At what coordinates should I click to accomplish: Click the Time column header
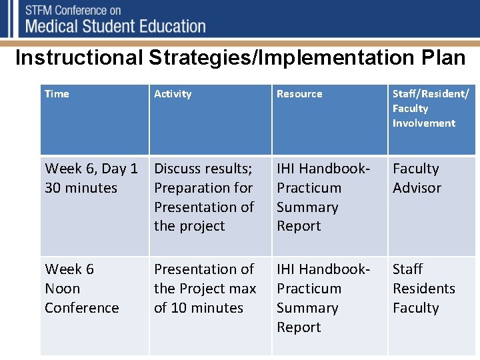pyautogui.click(x=57, y=94)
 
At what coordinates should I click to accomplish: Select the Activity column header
pyautogui.click(x=173, y=94)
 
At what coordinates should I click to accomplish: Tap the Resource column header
pyautogui.click(x=299, y=94)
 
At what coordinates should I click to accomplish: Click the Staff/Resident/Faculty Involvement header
pyautogui.click(x=430, y=108)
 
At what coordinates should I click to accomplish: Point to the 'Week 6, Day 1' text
pyautogui.click(x=91, y=169)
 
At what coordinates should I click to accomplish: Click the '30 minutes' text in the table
pyautogui.click(x=81, y=188)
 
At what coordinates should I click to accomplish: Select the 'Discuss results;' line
pyautogui.click(x=203, y=169)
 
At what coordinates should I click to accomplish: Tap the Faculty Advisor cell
pyautogui.click(x=417, y=178)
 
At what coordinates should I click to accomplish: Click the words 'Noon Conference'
pyautogui.click(x=81, y=299)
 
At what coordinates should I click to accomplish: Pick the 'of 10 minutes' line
pyautogui.click(x=199, y=308)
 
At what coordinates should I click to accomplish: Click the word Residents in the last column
pyautogui.click(x=423, y=289)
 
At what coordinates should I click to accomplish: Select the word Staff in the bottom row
pyautogui.click(x=407, y=269)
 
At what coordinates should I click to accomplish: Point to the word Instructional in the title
pyautogui.click(x=79, y=58)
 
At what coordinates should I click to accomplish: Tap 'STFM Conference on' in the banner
pyautogui.click(x=73, y=11)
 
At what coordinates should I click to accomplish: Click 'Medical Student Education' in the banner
pyautogui.click(x=115, y=27)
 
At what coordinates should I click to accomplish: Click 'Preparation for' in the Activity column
pyautogui.click(x=203, y=188)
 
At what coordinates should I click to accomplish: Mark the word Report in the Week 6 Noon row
pyautogui.click(x=299, y=327)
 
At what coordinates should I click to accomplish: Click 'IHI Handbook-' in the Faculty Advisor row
pyautogui.click(x=323, y=169)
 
